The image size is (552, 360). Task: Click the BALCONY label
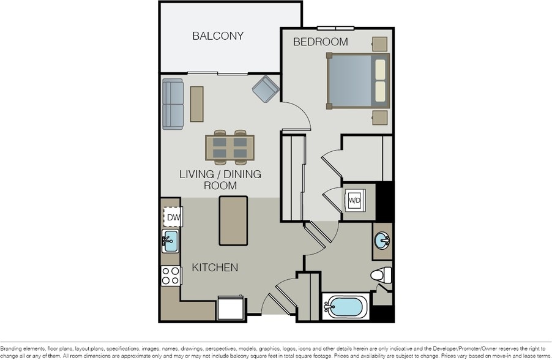(218, 36)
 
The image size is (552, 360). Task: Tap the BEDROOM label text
(320, 42)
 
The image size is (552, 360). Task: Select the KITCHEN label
(215, 268)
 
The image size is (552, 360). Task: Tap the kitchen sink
(170, 241)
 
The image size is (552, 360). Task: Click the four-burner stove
(171, 276)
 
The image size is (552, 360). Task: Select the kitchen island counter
(233, 220)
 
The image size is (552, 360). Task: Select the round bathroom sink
(383, 241)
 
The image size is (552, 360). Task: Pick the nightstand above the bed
(379, 44)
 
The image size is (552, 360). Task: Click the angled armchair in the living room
(266, 89)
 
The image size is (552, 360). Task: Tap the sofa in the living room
(173, 104)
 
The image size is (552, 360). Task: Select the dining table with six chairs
(230, 148)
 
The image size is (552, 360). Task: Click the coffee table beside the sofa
(196, 104)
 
